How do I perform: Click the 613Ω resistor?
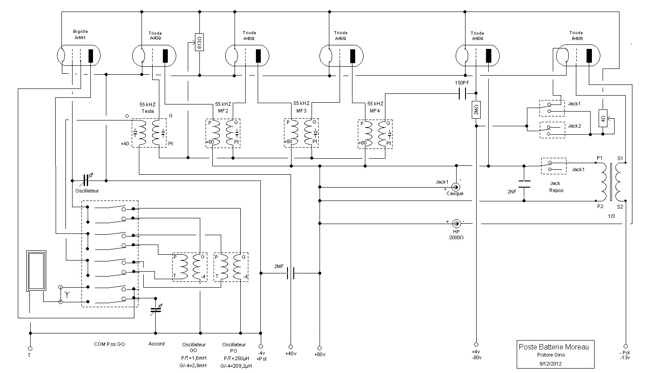point(199,42)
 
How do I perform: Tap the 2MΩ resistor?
point(476,110)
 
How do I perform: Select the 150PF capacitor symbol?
point(462,94)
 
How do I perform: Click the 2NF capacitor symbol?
point(524,184)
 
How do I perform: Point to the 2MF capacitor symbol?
point(291,273)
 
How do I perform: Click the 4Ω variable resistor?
point(603,118)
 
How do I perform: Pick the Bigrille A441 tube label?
point(80,35)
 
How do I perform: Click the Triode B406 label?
point(576,36)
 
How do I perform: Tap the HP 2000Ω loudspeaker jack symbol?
point(456,224)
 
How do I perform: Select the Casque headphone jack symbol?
point(456,187)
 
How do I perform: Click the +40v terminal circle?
point(291,347)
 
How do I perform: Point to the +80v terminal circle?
point(320,348)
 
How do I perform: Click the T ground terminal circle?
point(30,349)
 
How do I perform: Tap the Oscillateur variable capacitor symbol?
point(86,180)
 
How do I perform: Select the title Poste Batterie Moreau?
point(554,347)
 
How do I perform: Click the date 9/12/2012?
point(551,364)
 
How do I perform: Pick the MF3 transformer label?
point(301,111)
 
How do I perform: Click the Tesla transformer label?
point(148,111)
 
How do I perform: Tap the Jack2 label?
point(574,126)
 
